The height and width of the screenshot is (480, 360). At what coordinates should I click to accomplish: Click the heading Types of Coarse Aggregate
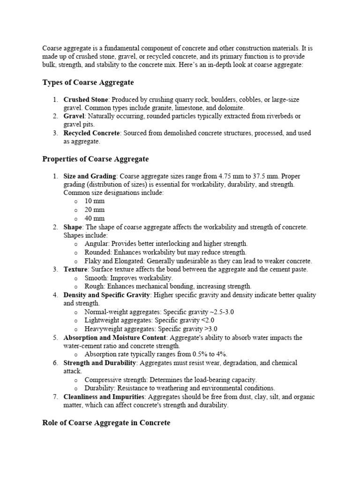click(88, 82)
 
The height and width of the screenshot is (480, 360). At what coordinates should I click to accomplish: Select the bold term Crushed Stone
click(86, 100)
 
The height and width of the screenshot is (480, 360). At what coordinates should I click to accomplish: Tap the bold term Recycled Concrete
click(91, 133)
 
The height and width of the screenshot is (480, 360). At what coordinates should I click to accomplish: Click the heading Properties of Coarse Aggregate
click(96, 159)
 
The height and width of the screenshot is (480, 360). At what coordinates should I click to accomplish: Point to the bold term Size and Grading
click(90, 176)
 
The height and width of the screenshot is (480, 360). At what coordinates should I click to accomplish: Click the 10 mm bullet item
click(95, 201)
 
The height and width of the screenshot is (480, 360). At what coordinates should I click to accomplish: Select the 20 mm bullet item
click(95, 210)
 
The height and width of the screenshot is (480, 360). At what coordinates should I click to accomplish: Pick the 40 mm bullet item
click(95, 218)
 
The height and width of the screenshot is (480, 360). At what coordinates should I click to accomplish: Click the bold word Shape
click(73, 227)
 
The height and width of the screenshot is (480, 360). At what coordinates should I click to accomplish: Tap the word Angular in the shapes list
click(96, 244)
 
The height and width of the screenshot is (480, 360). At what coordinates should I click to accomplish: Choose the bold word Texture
click(75, 269)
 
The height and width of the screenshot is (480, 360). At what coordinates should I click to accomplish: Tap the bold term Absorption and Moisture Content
click(115, 337)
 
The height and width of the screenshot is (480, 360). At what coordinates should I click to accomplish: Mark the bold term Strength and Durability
click(100, 363)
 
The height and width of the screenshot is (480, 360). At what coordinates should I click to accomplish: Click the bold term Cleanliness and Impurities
click(104, 397)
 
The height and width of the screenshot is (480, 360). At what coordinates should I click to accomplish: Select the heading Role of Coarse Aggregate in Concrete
click(106, 423)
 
